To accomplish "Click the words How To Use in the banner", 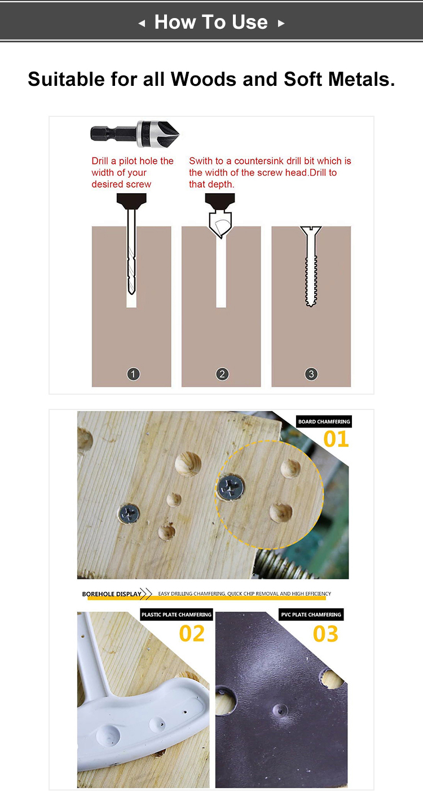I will point(211,22).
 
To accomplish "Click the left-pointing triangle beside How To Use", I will point(142,23).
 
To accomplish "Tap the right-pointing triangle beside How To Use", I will point(281,23).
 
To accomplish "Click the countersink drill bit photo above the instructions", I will point(135,133).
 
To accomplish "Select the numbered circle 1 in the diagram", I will point(133,374).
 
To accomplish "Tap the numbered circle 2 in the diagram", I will point(222,374).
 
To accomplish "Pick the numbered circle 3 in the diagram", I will point(311,374).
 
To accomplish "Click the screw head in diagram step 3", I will point(311,230).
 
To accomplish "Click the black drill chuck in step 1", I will point(131,199).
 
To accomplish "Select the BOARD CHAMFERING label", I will point(324,421).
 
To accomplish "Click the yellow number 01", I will point(336,439).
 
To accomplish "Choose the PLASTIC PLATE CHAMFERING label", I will point(177,614).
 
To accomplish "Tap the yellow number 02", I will point(192,634).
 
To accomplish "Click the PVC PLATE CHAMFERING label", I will point(311,614).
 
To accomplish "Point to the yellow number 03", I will point(325,634).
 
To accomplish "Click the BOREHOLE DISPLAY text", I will point(112,594).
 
